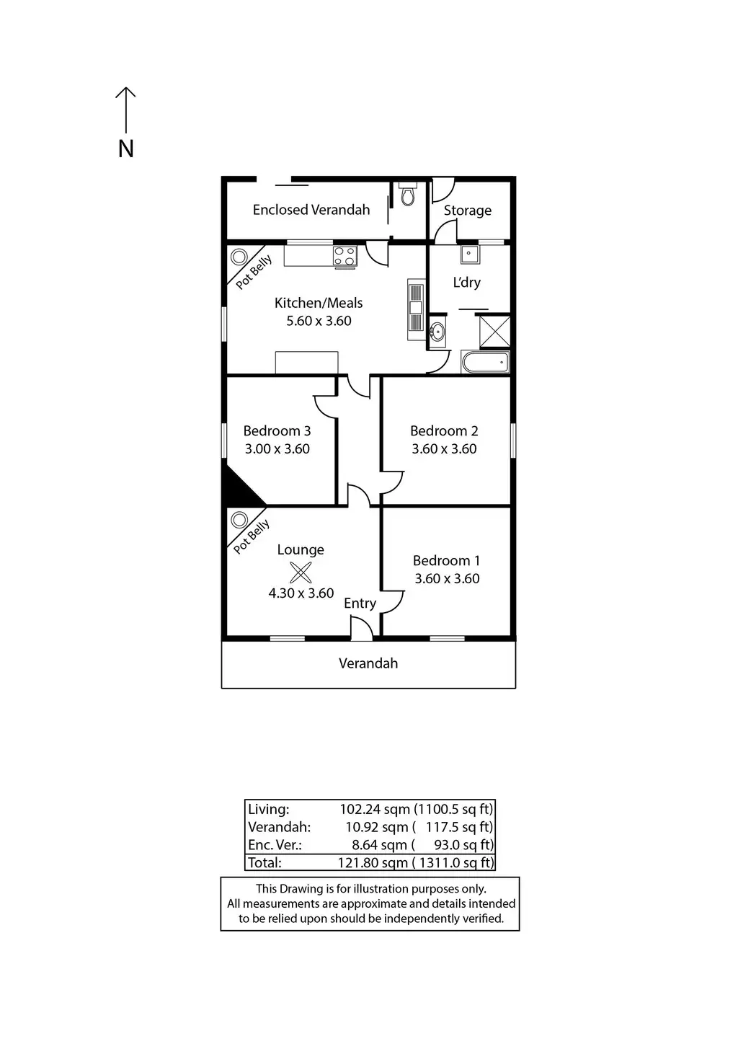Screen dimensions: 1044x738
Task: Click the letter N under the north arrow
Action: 126,149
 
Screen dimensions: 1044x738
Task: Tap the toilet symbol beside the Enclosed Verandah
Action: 408,195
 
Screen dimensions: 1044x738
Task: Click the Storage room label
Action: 467,211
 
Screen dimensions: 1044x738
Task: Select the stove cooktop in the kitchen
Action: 344,255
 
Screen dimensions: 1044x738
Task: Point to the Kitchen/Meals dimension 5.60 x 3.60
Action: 319,321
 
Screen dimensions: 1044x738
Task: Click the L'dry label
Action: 466,283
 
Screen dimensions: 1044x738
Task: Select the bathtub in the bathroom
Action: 485,362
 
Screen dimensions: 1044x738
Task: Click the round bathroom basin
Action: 437,332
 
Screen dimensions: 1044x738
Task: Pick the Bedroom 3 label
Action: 277,431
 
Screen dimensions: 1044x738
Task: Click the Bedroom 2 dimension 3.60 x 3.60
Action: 444,448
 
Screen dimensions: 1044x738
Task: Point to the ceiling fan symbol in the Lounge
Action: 301,572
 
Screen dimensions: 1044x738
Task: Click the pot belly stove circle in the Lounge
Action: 239,520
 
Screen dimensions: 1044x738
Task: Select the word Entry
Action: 360,603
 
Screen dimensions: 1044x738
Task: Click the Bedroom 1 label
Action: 446,560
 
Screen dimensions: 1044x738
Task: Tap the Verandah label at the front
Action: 368,663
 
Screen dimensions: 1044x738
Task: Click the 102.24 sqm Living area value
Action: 375,809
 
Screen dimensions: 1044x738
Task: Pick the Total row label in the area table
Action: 264,862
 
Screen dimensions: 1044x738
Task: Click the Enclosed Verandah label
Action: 311,210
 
